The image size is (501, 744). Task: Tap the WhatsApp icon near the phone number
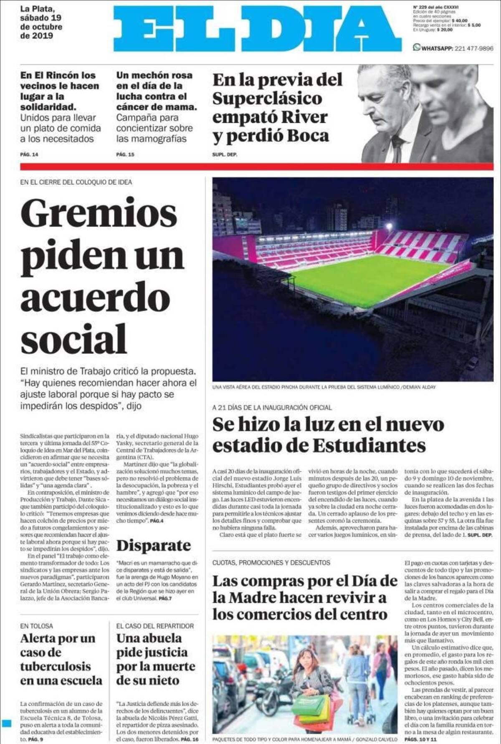416,48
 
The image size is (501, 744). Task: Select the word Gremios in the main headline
99,214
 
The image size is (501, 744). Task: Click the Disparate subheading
153,545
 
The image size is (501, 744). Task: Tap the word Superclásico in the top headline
267,99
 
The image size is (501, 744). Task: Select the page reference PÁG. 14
29,155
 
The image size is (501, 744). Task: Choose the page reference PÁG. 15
125,155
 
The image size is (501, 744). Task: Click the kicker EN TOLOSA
37,626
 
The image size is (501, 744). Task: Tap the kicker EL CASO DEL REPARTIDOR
155,626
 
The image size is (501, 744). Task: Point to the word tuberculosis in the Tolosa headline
55,666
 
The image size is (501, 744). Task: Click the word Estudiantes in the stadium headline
369,445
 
